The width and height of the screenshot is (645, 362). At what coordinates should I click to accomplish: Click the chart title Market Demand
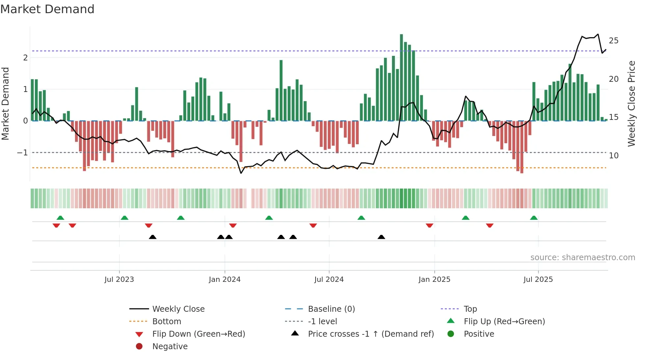click(47, 9)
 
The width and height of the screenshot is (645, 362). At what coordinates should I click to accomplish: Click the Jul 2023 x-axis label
click(119, 280)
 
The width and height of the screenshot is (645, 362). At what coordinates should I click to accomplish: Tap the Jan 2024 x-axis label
click(224, 280)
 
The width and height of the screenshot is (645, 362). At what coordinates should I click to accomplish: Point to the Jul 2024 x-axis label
click(329, 280)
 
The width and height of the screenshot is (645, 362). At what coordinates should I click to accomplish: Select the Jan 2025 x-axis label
click(434, 280)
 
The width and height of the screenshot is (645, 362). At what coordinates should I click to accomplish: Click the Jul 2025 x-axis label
click(538, 280)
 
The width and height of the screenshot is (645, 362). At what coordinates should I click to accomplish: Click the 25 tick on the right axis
click(613, 41)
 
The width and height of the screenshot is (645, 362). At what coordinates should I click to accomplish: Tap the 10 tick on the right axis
click(613, 156)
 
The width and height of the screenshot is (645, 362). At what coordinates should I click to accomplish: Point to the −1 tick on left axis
click(22, 153)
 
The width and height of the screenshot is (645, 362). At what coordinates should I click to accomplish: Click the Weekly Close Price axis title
click(631, 103)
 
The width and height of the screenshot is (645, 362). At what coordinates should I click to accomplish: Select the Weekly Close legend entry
click(178, 309)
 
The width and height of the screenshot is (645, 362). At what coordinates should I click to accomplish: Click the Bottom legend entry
click(167, 322)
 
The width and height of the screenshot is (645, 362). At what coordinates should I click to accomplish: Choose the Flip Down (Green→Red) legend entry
click(198, 334)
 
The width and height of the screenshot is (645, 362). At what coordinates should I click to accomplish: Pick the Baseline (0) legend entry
click(331, 309)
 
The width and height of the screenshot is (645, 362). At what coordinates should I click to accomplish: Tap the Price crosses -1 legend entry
click(371, 334)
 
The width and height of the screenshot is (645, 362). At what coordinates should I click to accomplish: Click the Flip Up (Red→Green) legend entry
click(504, 322)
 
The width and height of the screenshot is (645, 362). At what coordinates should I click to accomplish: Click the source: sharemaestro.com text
click(582, 258)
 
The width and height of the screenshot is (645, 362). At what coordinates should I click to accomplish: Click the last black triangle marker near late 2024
click(381, 237)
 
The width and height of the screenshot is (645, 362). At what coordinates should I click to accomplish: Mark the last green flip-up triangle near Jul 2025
click(534, 218)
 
